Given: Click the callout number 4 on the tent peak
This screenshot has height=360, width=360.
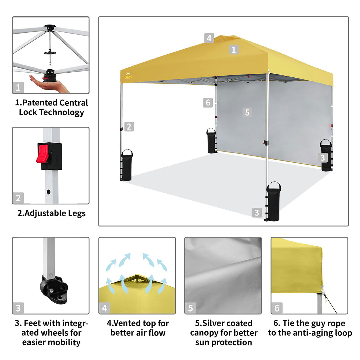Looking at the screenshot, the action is [209, 38].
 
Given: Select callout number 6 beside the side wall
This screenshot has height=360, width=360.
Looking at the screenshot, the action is [208, 102].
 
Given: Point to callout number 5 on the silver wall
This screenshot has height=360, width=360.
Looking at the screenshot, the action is [247, 113].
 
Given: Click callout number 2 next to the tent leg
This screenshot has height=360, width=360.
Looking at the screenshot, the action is [129, 127].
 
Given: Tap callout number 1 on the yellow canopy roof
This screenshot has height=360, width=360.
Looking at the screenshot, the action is [233, 50].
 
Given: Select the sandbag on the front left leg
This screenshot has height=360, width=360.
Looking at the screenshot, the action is [127, 165].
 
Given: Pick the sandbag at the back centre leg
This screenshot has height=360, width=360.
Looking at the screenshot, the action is [211, 141].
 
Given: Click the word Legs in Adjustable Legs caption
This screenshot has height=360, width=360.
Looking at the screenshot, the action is [77, 214].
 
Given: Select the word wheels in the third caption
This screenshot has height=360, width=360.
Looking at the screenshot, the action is [49, 333].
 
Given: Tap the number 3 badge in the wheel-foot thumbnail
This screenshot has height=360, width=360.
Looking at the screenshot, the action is [18, 308].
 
